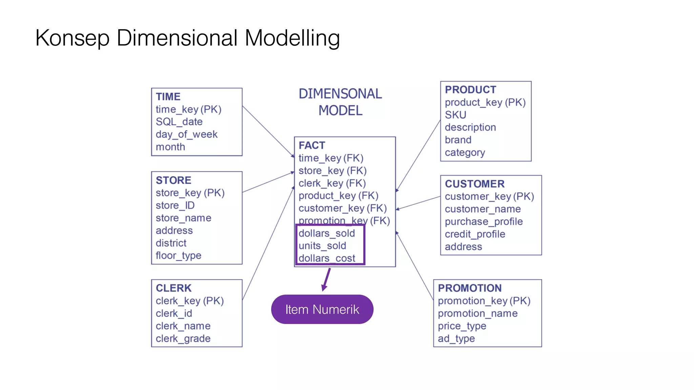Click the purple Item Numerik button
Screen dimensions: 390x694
point(322,309)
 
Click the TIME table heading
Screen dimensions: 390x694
point(168,96)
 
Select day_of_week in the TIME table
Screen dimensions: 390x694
point(186,134)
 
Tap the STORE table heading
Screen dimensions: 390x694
point(173,180)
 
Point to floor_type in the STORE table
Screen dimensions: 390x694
point(178,256)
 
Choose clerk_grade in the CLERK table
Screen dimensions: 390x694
point(183,339)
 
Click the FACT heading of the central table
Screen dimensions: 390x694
point(312,145)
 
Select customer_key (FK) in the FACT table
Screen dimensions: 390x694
point(342,208)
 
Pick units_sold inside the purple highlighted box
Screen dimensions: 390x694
point(322,246)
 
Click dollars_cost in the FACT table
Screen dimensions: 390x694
point(327,258)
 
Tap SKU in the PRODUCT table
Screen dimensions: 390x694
point(455,115)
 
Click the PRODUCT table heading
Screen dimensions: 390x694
point(470,90)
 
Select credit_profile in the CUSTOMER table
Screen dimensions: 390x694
point(475,234)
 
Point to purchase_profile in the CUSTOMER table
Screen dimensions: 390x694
point(484,222)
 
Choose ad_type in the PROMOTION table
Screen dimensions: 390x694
point(456,339)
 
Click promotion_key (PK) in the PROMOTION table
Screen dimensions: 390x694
point(484,301)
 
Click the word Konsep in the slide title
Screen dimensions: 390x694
point(72,38)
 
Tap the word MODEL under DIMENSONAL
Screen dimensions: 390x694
point(340,111)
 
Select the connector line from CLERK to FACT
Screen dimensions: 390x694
point(268,244)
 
